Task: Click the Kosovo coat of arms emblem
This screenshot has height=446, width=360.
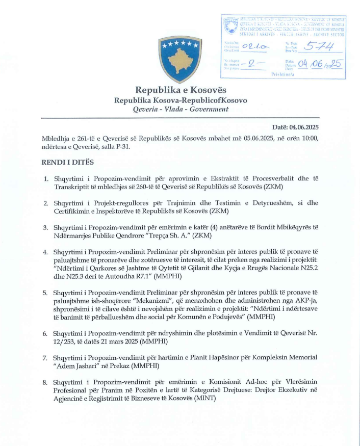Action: (x=179, y=59)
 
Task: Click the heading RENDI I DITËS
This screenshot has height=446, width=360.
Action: (x=68, y=162)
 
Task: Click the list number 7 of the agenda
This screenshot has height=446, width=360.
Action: (x=45, y=357)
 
